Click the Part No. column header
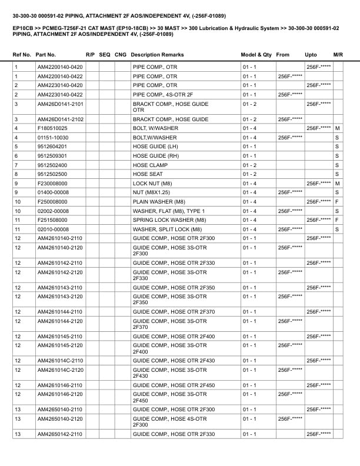pos(46,55)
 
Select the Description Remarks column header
pos(157,55)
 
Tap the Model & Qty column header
pos(256,55)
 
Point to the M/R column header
pos(338,55)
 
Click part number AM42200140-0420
pos(60,68)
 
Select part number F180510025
pos(52,128)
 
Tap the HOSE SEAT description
pos(149,174)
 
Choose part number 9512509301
pos(52,156)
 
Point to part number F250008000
pos(52,202)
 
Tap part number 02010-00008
pos(53,229)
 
